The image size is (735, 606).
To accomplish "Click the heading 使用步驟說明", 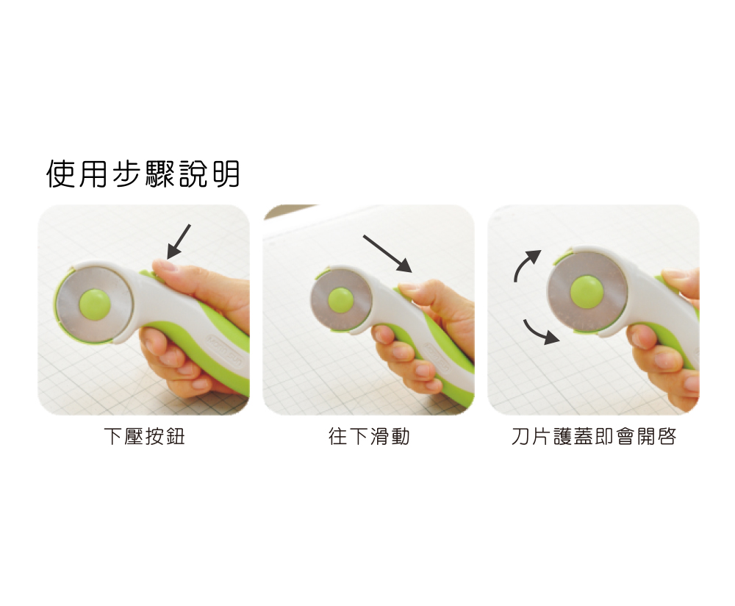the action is (x=143, y=174).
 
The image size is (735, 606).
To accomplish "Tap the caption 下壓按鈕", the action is (x=144, y=436).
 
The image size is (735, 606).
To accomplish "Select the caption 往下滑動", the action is (x=369, y=436).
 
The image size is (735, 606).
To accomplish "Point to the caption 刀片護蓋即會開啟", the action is (x=593, y=436).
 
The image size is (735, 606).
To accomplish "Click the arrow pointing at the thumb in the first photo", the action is (x=179, y=241).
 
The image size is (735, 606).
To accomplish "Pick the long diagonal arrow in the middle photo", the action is (x=387, y=254).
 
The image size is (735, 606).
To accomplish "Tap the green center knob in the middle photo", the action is (x=341, y=299).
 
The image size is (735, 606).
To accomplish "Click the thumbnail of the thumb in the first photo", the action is (x=164, y=266).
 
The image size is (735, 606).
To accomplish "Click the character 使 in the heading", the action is (x=60, y=174).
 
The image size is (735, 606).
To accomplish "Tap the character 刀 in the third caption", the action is (x=520, y=436).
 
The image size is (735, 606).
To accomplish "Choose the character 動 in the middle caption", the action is (x=401, y=436).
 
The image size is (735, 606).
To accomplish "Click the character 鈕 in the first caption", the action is (x=176, y=436).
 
